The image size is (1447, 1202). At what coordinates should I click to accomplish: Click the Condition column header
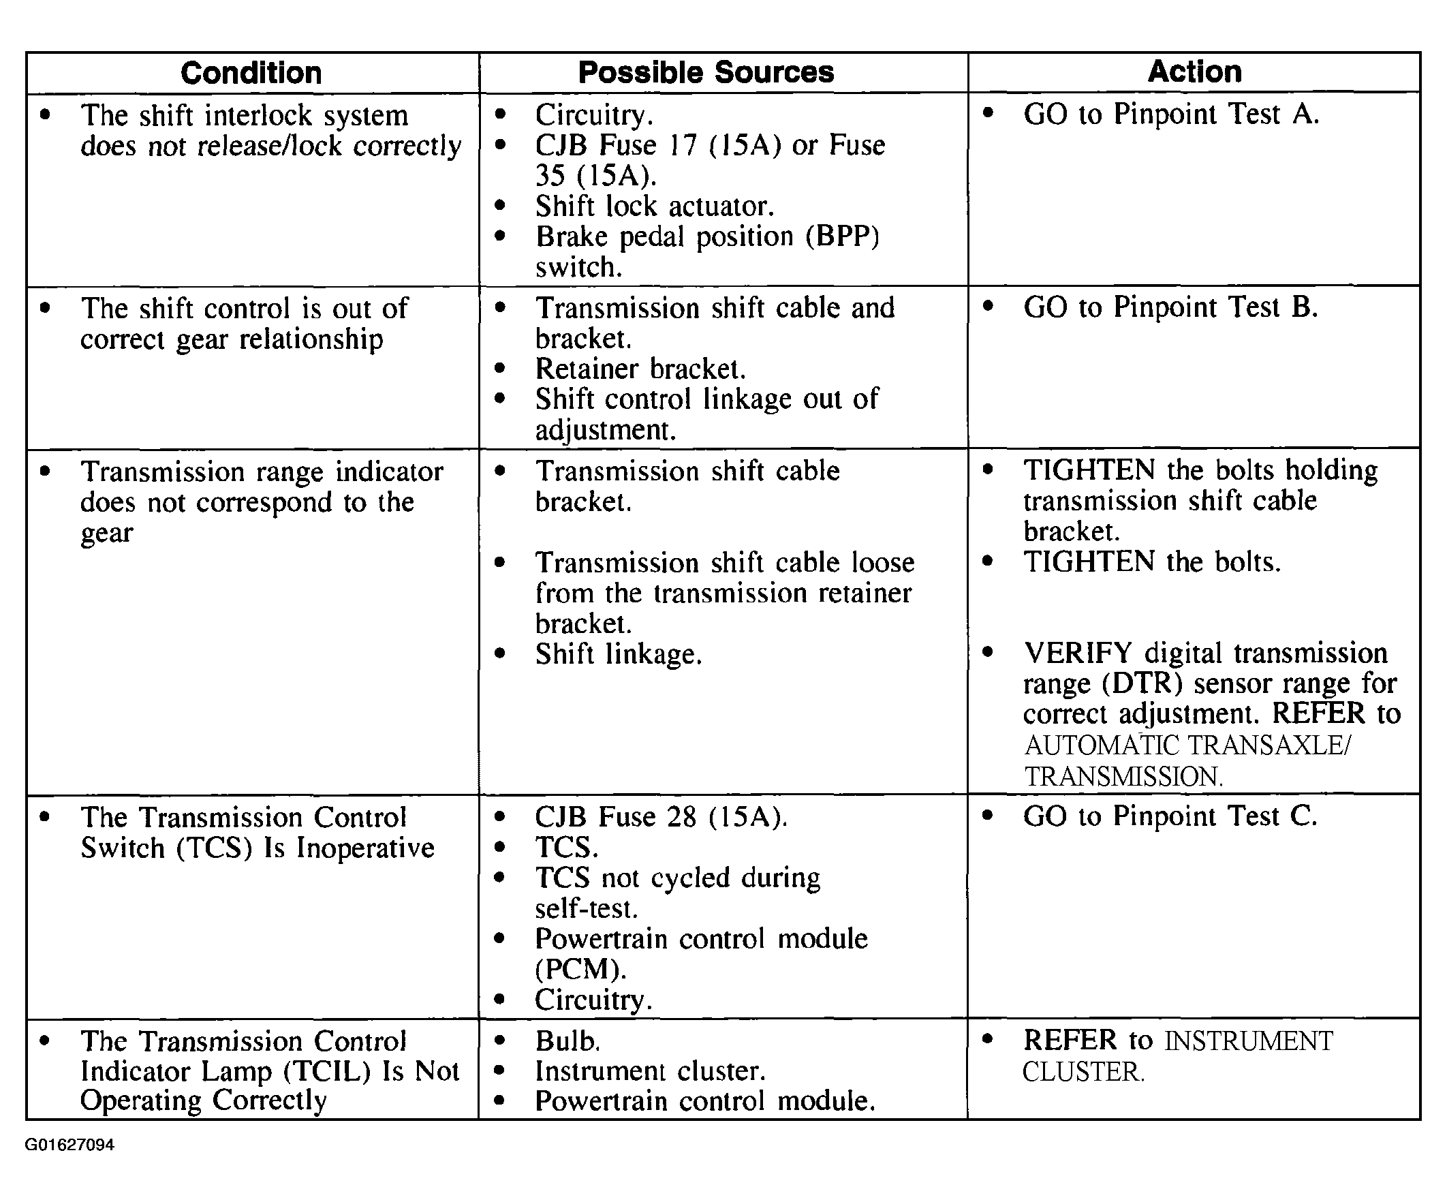click(251, 73)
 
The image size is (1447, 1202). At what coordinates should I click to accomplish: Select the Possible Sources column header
click(706, 72)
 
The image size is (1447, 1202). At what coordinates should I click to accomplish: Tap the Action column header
click(1194, 72)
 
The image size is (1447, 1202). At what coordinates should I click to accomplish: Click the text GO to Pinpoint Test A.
click(1170, 114)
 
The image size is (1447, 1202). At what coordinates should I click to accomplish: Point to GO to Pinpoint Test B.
click(1170, 307)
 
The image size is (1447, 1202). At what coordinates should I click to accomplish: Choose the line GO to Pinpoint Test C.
click(1169, 817)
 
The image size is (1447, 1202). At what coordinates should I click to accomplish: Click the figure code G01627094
click(69, 1145)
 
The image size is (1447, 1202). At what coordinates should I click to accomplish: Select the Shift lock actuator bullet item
click(654, 206)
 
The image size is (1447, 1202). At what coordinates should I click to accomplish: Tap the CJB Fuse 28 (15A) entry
click(661, 817)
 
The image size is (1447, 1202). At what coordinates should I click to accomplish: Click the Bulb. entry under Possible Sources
click(567, 1041)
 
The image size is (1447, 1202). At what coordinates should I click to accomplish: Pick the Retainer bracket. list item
click(640, 369)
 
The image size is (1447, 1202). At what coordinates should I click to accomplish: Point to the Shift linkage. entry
click(618, 654)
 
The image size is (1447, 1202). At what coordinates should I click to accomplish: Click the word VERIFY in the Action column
click(1078, 653)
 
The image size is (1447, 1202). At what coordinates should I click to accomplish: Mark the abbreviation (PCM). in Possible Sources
click(581, 969)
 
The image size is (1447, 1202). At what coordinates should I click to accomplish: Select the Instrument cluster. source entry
click(650, 1071)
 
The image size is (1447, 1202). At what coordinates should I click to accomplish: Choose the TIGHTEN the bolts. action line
click(1151, 561)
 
